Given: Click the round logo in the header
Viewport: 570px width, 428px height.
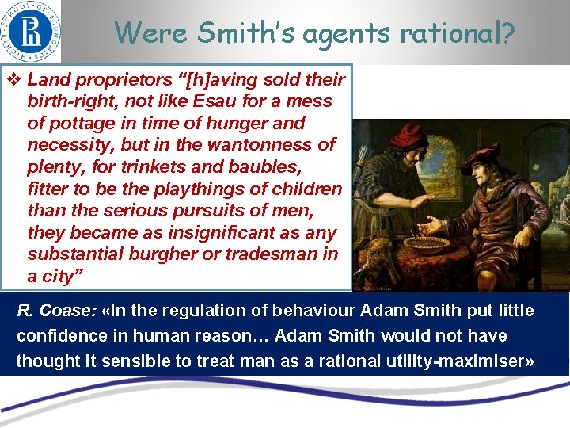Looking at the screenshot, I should (31, 31).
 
